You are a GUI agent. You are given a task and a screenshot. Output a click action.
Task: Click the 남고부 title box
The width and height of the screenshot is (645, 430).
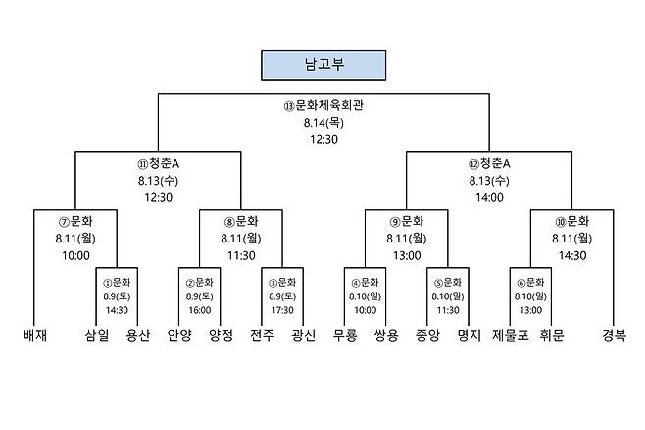point(323,65)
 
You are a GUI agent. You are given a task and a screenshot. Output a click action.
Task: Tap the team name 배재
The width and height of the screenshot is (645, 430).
point(34,335)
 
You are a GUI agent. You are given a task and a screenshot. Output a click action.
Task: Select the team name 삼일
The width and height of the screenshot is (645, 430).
point(97,335)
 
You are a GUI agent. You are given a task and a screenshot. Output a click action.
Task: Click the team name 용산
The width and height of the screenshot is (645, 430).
point(138,335)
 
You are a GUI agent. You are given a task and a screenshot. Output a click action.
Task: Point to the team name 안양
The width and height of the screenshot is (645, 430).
point(179,335)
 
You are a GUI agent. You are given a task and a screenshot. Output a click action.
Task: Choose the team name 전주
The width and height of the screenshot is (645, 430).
point(262,335)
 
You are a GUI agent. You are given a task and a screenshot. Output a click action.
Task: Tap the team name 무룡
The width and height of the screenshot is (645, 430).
point(345,335)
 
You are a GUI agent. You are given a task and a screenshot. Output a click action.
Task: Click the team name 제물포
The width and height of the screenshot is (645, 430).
point(510,335)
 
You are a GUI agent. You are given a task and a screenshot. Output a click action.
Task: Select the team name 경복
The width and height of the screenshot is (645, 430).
point(614,335)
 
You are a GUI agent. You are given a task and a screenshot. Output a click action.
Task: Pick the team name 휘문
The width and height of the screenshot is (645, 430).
point(552,335)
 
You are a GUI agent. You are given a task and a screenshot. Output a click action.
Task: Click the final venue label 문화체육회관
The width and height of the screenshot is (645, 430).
point(329,105)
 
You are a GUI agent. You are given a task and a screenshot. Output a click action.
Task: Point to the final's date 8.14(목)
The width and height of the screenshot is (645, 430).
point(323,123)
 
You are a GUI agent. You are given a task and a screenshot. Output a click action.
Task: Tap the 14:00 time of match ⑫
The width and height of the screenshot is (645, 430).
point(489,197)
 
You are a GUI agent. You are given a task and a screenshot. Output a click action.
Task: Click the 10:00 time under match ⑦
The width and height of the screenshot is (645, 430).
point(75,256)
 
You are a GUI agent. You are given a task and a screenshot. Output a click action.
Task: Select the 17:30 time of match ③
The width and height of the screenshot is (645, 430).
point(282,310)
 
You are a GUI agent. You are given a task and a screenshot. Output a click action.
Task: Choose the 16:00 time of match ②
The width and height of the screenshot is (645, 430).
point(200,310)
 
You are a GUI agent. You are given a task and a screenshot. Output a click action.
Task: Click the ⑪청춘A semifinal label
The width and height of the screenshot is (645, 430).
point(159,164)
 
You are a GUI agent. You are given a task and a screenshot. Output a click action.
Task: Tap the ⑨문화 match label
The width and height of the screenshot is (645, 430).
point(407,222)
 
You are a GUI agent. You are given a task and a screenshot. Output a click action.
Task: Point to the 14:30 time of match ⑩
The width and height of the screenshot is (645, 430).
point(572,256)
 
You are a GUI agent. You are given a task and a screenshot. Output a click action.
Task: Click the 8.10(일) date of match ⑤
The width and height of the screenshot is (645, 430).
point(448,296)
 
